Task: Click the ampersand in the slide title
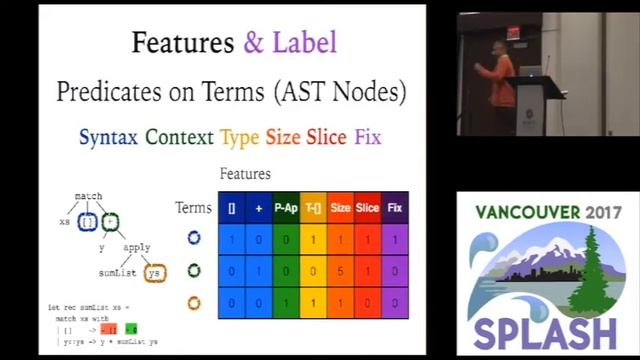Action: pyautogui.click(x=254, y=42)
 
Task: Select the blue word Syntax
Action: pyautogui.click(x=108, y=136)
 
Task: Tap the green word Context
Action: pyautogui.click(x=180, y=136)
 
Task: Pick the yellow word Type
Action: pyautogui.click(x=240, y=136)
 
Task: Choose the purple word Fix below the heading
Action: pyautogui.click(x=368, y=136)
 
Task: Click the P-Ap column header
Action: pyautogui.click(x=286, y=208)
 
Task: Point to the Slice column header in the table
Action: pyautogui.click(x=367, y=208)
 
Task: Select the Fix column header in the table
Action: pyautogui.click(x=394, y=208)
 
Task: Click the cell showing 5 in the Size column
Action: pyautogui.click(x=340, y=270)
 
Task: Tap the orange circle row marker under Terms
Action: pyautogui.click(x=194, y=302)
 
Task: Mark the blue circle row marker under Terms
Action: pyautogui.click(x=194, y=238)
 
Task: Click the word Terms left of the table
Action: pyautogui.click(x=193, y=208)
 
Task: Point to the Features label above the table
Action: pyautogui.click(x=245, y=174)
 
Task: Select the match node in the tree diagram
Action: pyautogui.click(x=88, y=196)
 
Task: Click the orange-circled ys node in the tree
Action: pyautogui.click(x=153, y=273)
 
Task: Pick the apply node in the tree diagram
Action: pyautogui.click(x=137, y=247)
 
